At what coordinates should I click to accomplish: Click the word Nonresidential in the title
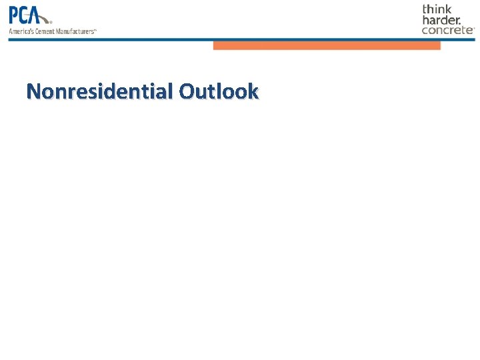99,91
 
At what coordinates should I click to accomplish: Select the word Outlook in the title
218,91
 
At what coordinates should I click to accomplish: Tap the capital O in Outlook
187,91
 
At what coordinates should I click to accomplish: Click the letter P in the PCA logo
15,15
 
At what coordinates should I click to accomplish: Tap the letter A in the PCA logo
41,15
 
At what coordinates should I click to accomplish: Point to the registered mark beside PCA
51,21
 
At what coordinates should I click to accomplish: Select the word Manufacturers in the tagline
75,31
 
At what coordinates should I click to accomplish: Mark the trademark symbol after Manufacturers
95,29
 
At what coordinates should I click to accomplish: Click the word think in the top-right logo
437,9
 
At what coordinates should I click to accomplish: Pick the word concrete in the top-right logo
447,29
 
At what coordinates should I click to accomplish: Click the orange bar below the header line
327,45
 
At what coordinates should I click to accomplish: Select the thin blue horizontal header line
133,39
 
